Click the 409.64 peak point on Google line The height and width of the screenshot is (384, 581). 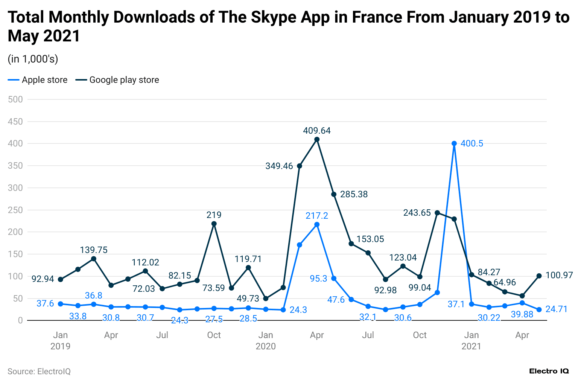pyautogui.click(x=317, y=139)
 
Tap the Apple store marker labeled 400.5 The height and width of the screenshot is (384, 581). pyautogui.click(x=454, y=143)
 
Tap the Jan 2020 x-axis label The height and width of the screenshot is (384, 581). pyautogui.click(x=266, y=340)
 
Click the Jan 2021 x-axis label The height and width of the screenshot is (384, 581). pyautogui.click(x=471, y=340)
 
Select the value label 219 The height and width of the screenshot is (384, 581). pyautogui.click(x=214, y=215)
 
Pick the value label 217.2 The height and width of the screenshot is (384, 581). pyautogui.click(x=317, y=216)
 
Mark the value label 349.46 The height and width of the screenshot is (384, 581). pyautogui.click(x=279, y=166)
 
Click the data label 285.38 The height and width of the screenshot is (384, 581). pyautogui.click(x=354, y=194)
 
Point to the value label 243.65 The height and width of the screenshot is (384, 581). pyautogui.click(x=417, y=213)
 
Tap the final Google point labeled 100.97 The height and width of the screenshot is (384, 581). pyautogui.click(x=539, y=276)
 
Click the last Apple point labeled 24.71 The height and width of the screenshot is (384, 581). pyautogui.click(x=539, y=309)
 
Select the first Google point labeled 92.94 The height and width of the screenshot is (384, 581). pyautogui.click(x=61, y=279)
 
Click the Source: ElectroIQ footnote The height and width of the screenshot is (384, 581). pyautogui.click(x=39, y=372)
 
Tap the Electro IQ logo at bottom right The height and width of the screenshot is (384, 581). pyautogui.click(x=549, y=371)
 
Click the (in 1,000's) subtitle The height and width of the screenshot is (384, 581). pyautogui.click(x=33, y=59)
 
